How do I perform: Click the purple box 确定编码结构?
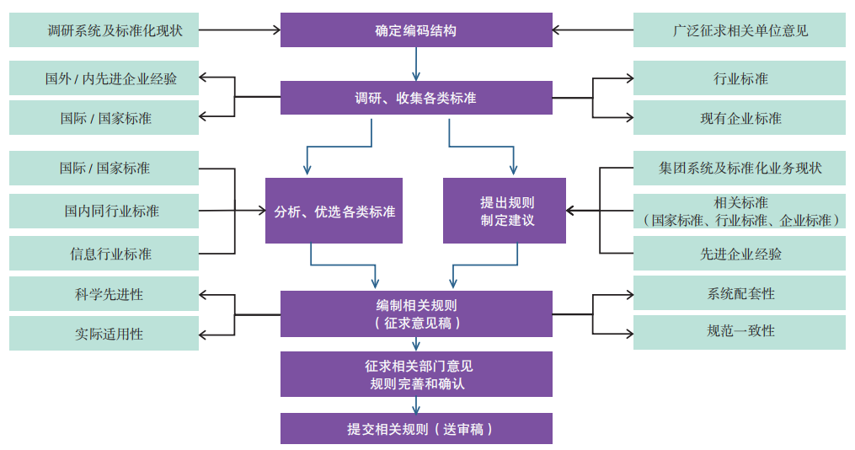click(x=416, y=30)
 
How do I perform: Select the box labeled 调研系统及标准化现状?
click(x=104, y=30)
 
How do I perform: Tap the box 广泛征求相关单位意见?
click(x=739, y=30)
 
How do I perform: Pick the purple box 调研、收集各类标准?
click(x=416, y=98)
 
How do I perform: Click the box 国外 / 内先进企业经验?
click(x=104, y=78)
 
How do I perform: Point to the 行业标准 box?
click(x=739, y=78)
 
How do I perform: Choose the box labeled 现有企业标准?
click(x=739, y=118)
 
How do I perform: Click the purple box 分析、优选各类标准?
click(x=334, y=211)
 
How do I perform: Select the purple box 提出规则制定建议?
click(x=504, y=211)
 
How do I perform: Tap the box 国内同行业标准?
click(x=104, y=211)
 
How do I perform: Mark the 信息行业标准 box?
click(x=104, y=253)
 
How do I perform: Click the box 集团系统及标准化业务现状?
click(x=739, y=168)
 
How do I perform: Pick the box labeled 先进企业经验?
click(x=739, y=253)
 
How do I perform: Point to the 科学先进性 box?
click(x=104, y=294)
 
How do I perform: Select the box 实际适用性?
click(x=104, y=334)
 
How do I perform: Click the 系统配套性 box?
click(x=739, y=293)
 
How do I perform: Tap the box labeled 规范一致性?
click(x=739, y=332)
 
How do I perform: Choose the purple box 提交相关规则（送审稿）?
click(x=416, y=428)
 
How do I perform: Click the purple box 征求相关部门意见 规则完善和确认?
click(x=416, y=374)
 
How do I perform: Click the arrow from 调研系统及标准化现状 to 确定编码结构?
click(x=239, y=30)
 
